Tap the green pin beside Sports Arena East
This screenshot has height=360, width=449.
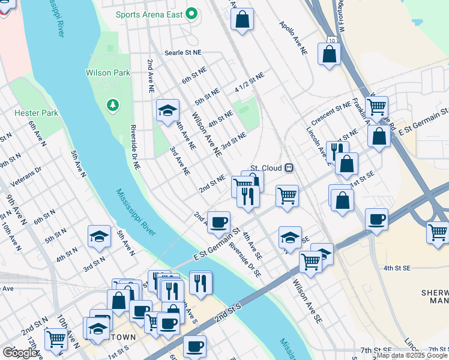click(192, 12)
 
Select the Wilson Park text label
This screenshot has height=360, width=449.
click(108, 73)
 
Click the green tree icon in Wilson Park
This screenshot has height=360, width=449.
click(112, 106)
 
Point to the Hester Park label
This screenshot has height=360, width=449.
click(36, 112)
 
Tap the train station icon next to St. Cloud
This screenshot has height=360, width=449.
click(289, 167)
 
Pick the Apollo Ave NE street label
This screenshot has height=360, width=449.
click(293, 40)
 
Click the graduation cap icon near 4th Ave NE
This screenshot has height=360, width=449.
click(168, 110)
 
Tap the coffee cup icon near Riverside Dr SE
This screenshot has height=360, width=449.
click(218, 222)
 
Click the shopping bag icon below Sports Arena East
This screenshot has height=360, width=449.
click(241, 19)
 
